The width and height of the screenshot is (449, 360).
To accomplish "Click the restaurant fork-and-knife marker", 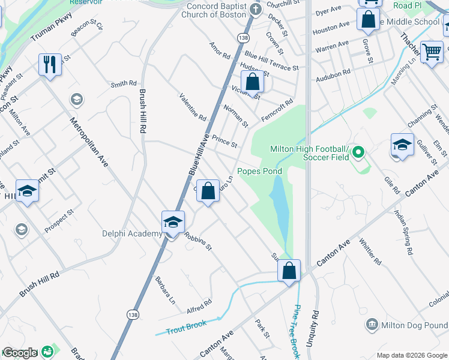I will tap(50, 64).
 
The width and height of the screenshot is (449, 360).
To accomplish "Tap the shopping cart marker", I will tap(431, 52).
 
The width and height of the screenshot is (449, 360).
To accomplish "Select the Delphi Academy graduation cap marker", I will tap(172, 222).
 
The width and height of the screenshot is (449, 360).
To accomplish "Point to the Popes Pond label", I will tap(259, 171).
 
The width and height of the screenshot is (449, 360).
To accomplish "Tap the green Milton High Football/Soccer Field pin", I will tap(358, 152).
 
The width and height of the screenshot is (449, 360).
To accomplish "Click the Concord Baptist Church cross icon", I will tap(256, 9).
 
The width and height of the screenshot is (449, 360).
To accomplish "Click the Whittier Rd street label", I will tap(370, 251).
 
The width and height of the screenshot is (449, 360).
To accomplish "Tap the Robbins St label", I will tap(199, 241).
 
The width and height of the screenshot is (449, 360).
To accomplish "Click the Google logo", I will tap(19, 353).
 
